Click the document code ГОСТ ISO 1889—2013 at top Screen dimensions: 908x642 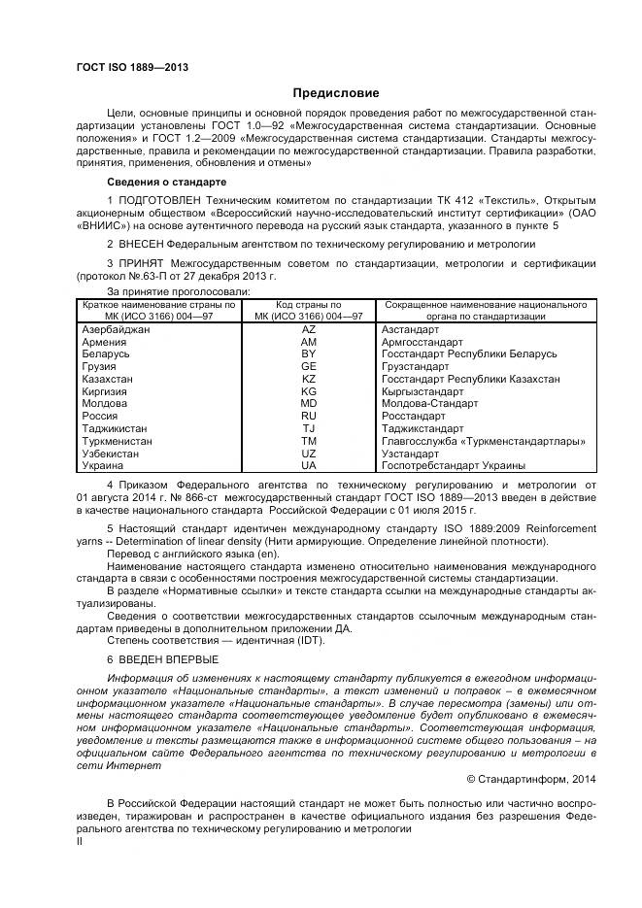click(x=131, y=67)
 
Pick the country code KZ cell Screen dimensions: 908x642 click(x=309, y=380)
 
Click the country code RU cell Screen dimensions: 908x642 click(x=309, y=417)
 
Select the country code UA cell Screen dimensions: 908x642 click(x=309, y=465)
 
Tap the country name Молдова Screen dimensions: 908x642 click(x=105, y=404)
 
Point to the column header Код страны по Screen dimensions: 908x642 click(x=309, y=305)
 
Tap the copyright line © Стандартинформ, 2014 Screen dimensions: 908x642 click(x=532, y=778)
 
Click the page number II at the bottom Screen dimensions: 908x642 click(x=81, y=842)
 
